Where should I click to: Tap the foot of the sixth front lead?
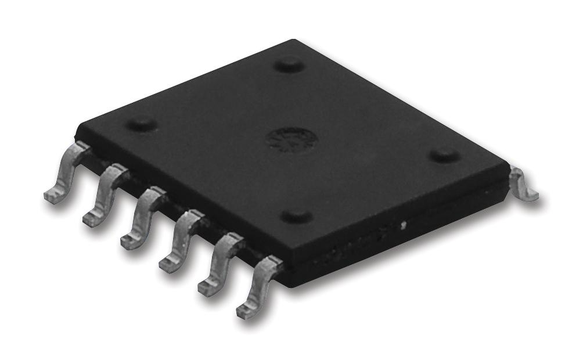(x=247, y=311)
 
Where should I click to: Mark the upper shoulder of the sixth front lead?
(x=269, y=266)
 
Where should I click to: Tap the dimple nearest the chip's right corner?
(x=444, y=155)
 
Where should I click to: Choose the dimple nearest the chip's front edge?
(x=297, y=217)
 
